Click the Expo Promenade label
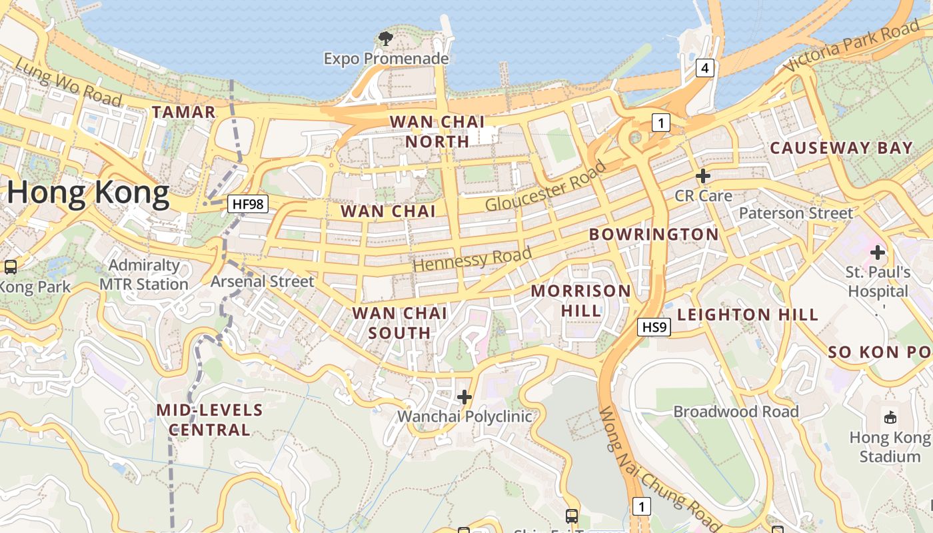pyautogui.click(x=386, y=59)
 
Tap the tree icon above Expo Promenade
pyautogui.click(x=385, y=39)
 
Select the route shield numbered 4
pyautogui.click(x=705, y=67)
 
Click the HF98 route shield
pyautogui.click(x=247, y=204)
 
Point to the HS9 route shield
pyautogui.click(x=654, y=327)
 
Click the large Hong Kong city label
pyautogui.click(x=89, y=193)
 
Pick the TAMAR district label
pyautogui.click(x=184, y=113)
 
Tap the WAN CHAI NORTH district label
pyautogui.click(x=438, y=131)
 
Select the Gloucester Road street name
pyautogui.click(x=545, y=186)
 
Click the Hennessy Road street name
pyautogui.click(x=472, y=259)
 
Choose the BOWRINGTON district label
pyautogui.click(x=654, y=235)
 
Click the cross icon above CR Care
pyautogui.click(x=702, y=177)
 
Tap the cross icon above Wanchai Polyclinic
pyautogui.click(x=465, y=398)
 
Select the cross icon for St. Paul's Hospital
pyautogui.click(x=878, y=253)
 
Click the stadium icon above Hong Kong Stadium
pyautogui.click(x=890, y=418)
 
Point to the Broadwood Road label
pyautogui.click(x=736, y=412)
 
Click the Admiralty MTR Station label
pyautogui.click(x=144, y=274)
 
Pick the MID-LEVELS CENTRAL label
pyautogui.click(x=209, y=420)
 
